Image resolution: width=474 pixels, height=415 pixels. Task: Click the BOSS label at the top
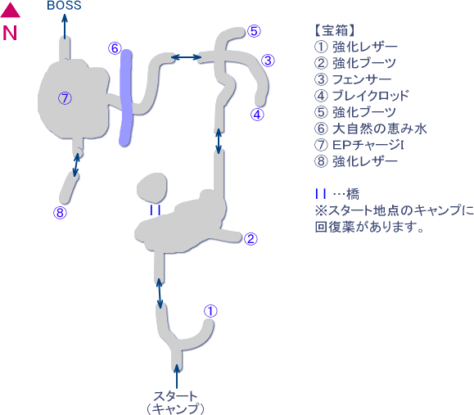point(64,5)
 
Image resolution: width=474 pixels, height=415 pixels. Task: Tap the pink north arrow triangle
point(10,11)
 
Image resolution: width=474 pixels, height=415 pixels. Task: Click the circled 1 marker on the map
point(210,311)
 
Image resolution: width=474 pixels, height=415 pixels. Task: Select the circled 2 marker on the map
point(251,239)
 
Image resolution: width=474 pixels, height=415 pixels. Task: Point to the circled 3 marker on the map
point(268,61)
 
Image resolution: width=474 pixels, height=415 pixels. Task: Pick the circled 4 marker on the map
point(257,115)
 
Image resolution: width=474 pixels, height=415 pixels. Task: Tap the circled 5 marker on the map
point(254,31)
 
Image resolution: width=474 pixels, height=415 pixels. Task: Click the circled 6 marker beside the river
point(115,48)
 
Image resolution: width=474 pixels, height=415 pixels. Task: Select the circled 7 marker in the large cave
point(65,98)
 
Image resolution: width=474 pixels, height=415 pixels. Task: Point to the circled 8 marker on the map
point(60,213)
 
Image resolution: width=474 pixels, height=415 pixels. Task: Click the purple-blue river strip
point(126,98)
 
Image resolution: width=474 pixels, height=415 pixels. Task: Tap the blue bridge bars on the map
point(155,210)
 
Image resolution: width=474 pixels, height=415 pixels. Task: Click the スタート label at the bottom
point(175,395)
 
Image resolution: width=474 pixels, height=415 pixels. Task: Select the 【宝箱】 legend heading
point(335,30)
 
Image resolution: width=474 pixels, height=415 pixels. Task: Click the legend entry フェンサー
point(362,79)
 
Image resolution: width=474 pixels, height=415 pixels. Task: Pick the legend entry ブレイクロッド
point(371,96)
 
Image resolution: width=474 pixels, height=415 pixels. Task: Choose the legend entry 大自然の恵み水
point(380,129)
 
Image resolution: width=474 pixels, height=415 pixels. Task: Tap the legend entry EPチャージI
point(368,145)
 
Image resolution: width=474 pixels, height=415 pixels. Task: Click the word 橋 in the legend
point(353,194)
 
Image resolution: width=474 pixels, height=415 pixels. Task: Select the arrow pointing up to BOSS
point(65,25)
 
